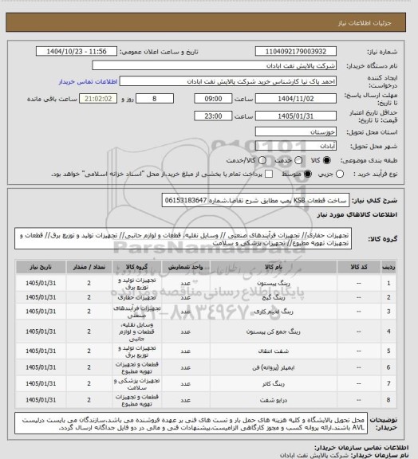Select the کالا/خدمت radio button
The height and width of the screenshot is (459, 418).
pos(226,159)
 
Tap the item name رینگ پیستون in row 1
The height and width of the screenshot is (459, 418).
pos(259,283)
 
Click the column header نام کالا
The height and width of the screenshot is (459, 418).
pos(260,267)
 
